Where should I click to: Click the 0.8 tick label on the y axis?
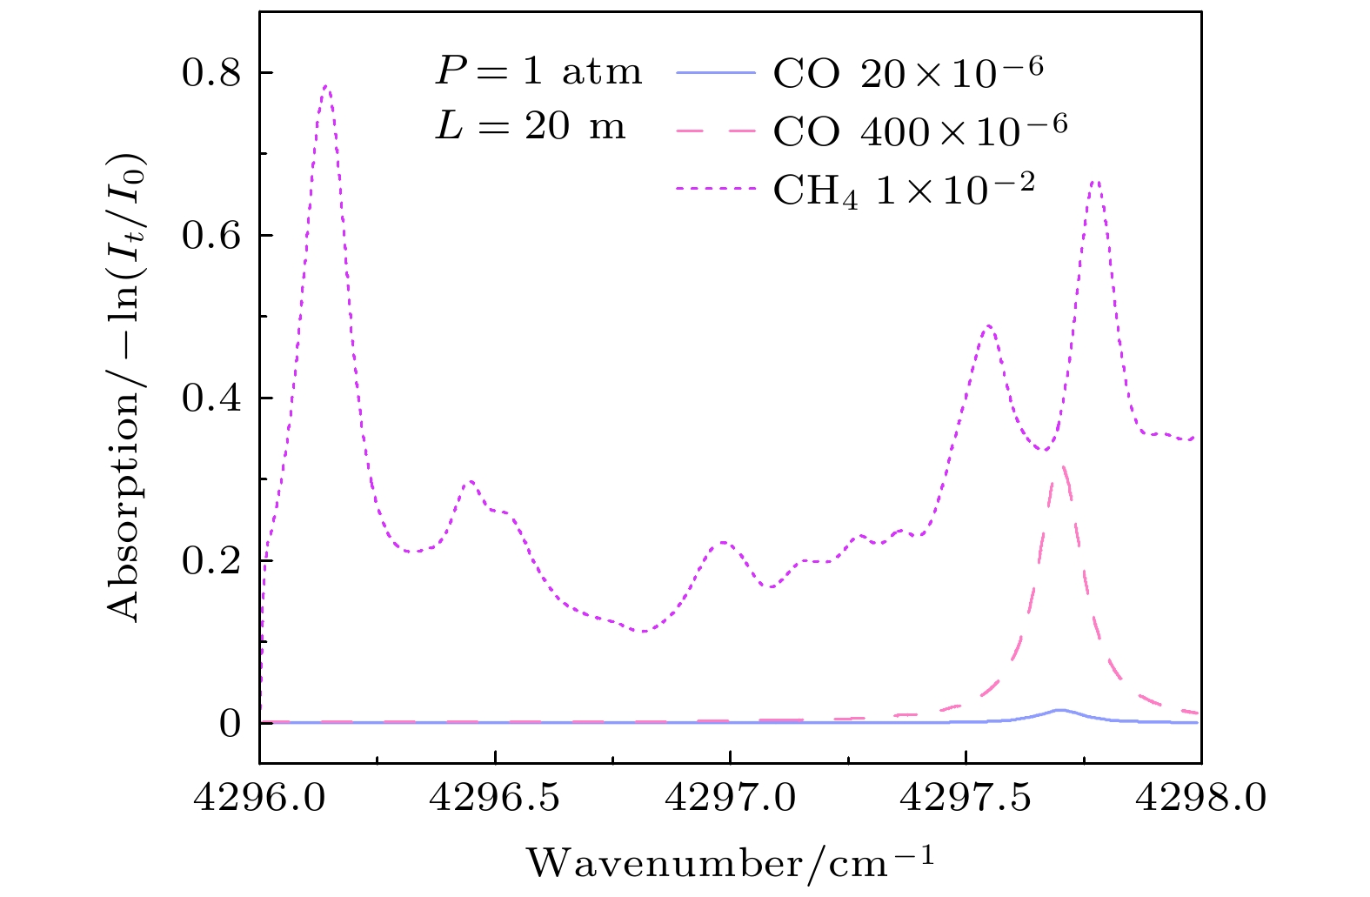click(x=212, y=73)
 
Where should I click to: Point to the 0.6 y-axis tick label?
click(x=212, y=236)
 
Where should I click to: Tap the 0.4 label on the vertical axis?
click(x=212, y=398)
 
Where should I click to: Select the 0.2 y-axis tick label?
click(x=212, y=561)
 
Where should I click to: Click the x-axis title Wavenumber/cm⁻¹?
click(x=730, y=863)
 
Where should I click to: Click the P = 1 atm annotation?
click(x=539, y=72)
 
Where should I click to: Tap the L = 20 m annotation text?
click(x=531, y=128)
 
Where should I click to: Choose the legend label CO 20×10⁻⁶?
click(x=907, y=73)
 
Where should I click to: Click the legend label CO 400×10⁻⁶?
click(x=919, y=130)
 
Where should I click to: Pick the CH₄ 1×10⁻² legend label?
click(x=904, y=190)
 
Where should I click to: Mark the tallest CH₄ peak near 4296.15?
click(x=326, y=86)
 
